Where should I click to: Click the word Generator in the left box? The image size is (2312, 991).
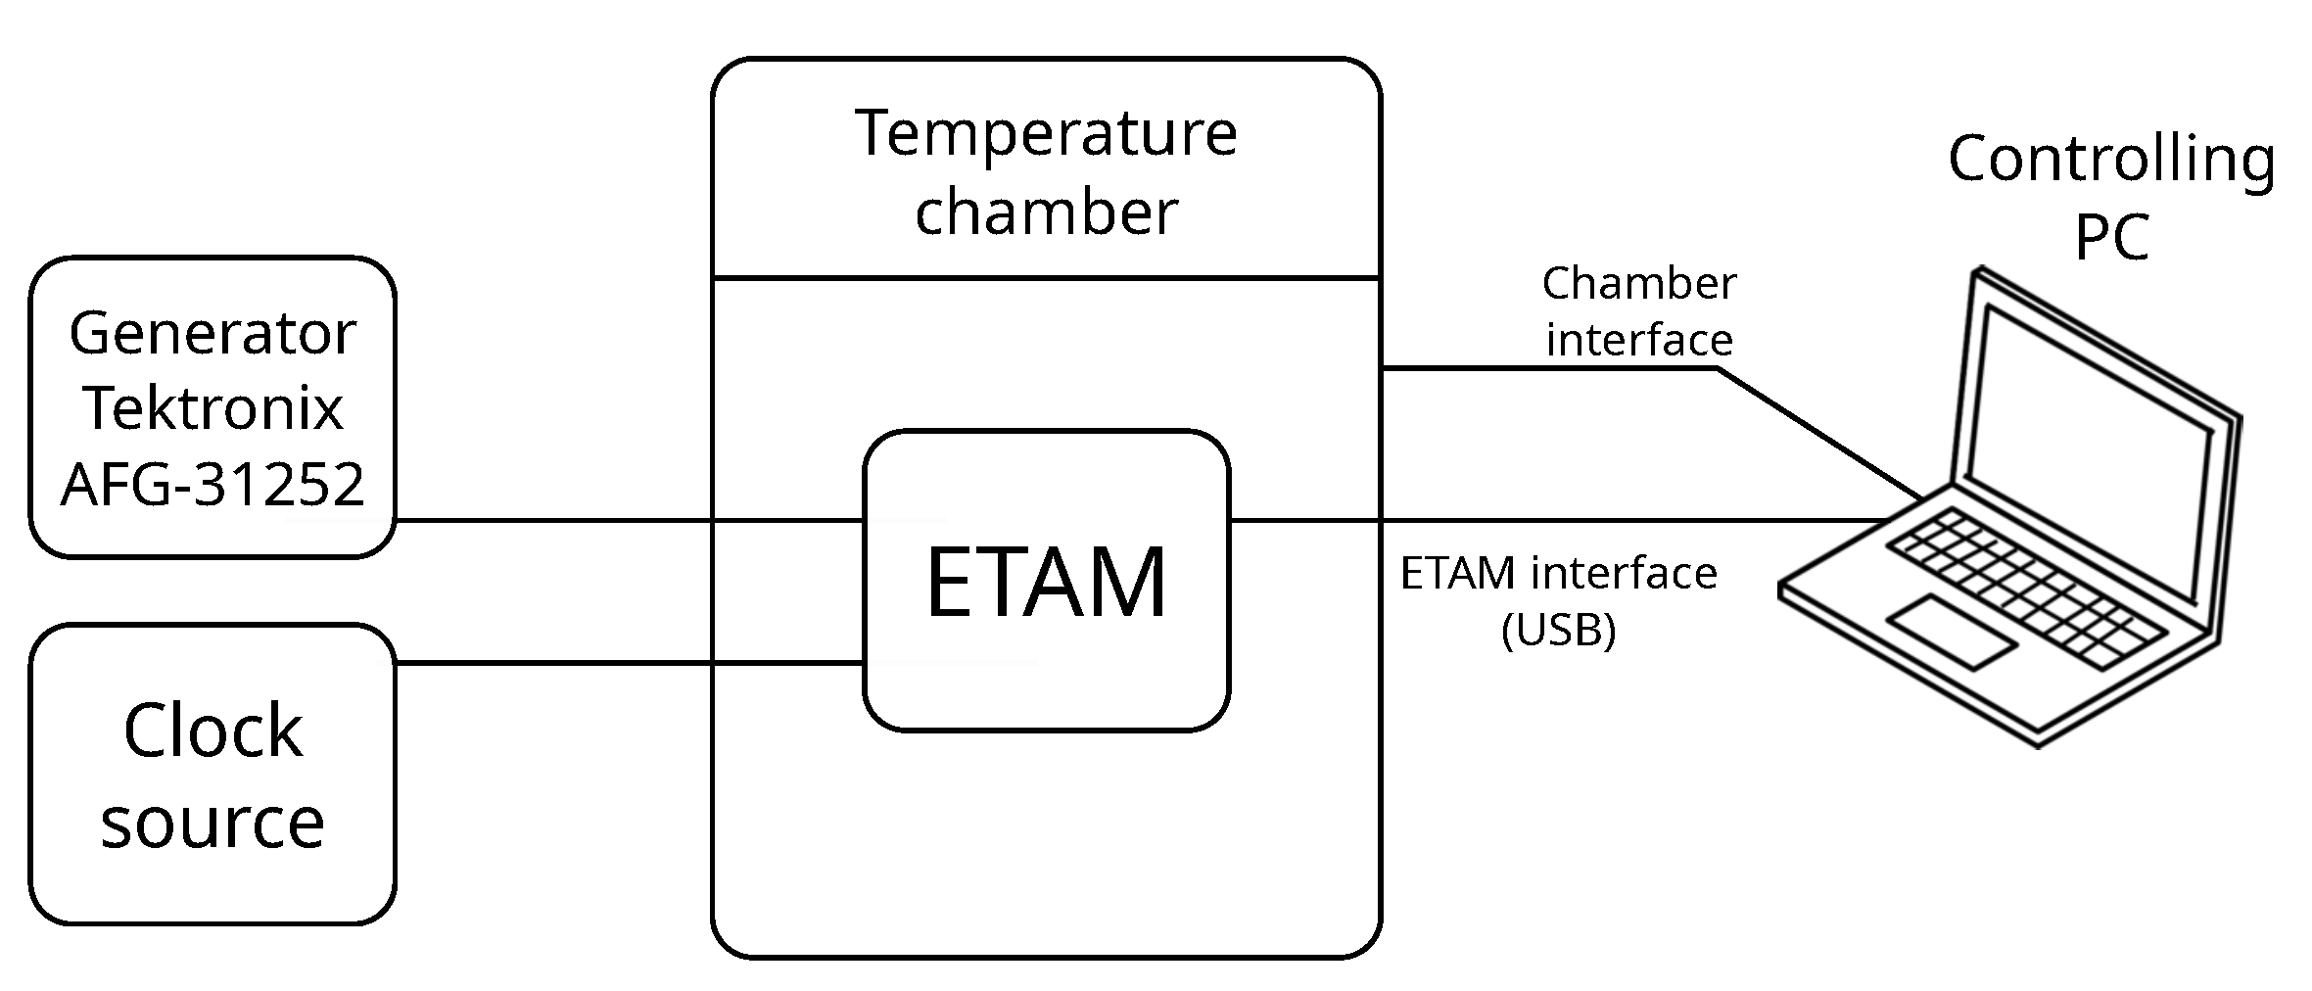tap(212, 335)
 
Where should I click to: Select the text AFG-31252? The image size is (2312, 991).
tap(212, 484)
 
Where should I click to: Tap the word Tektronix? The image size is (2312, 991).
tap(212, 409)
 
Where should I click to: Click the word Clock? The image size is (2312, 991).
tap(212, 731)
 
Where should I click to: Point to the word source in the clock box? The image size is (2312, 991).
tap(212, 823)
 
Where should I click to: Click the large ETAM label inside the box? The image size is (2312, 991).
tap(1046, 584)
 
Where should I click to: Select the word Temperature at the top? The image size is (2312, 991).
tap(1046, 133)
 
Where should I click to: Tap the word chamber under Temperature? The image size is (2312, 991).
tap(1046, 212)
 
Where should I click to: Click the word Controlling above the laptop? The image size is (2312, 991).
tap(2111, 159)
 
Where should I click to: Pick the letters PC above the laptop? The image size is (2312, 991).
tap(2111, 237)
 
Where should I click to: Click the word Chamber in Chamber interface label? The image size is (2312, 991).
tap(1639, 284)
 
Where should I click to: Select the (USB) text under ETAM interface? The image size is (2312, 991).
tap(1558, 630)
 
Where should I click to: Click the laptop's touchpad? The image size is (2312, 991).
tap(1952, 632)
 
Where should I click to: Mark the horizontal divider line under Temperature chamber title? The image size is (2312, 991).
tap(1046, 278)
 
